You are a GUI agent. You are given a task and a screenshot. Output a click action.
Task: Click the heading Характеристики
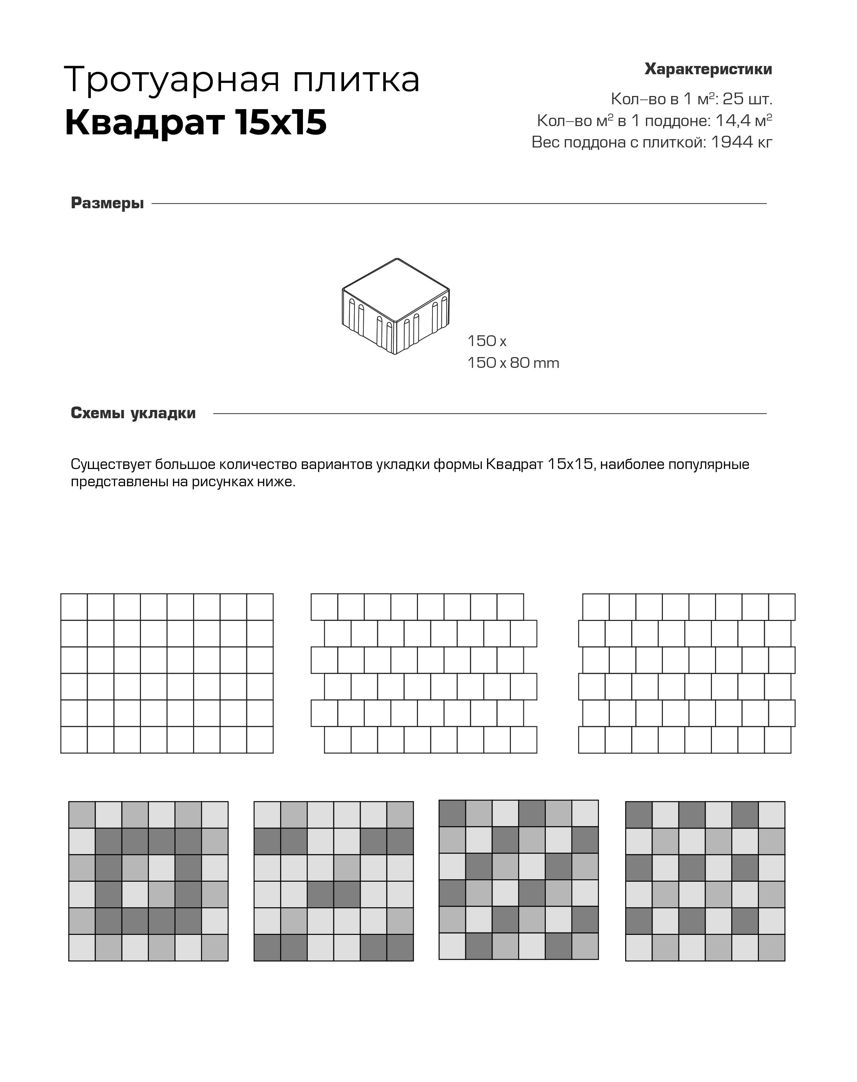tap(708, 69)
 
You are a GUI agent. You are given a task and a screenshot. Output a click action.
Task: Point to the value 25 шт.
tap(747, 99)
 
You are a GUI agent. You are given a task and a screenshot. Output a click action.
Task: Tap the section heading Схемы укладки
tap(133, 413)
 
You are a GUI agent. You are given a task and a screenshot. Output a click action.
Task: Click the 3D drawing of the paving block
tap(396, 306)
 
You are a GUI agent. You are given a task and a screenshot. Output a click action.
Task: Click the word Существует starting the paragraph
tap(111, 465)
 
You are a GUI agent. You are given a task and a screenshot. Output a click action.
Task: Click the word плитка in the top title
tap(356, 80)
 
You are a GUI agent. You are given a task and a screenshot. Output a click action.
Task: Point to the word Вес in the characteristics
tap(545, 143)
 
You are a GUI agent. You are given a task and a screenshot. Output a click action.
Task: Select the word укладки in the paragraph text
tap(403, 465)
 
